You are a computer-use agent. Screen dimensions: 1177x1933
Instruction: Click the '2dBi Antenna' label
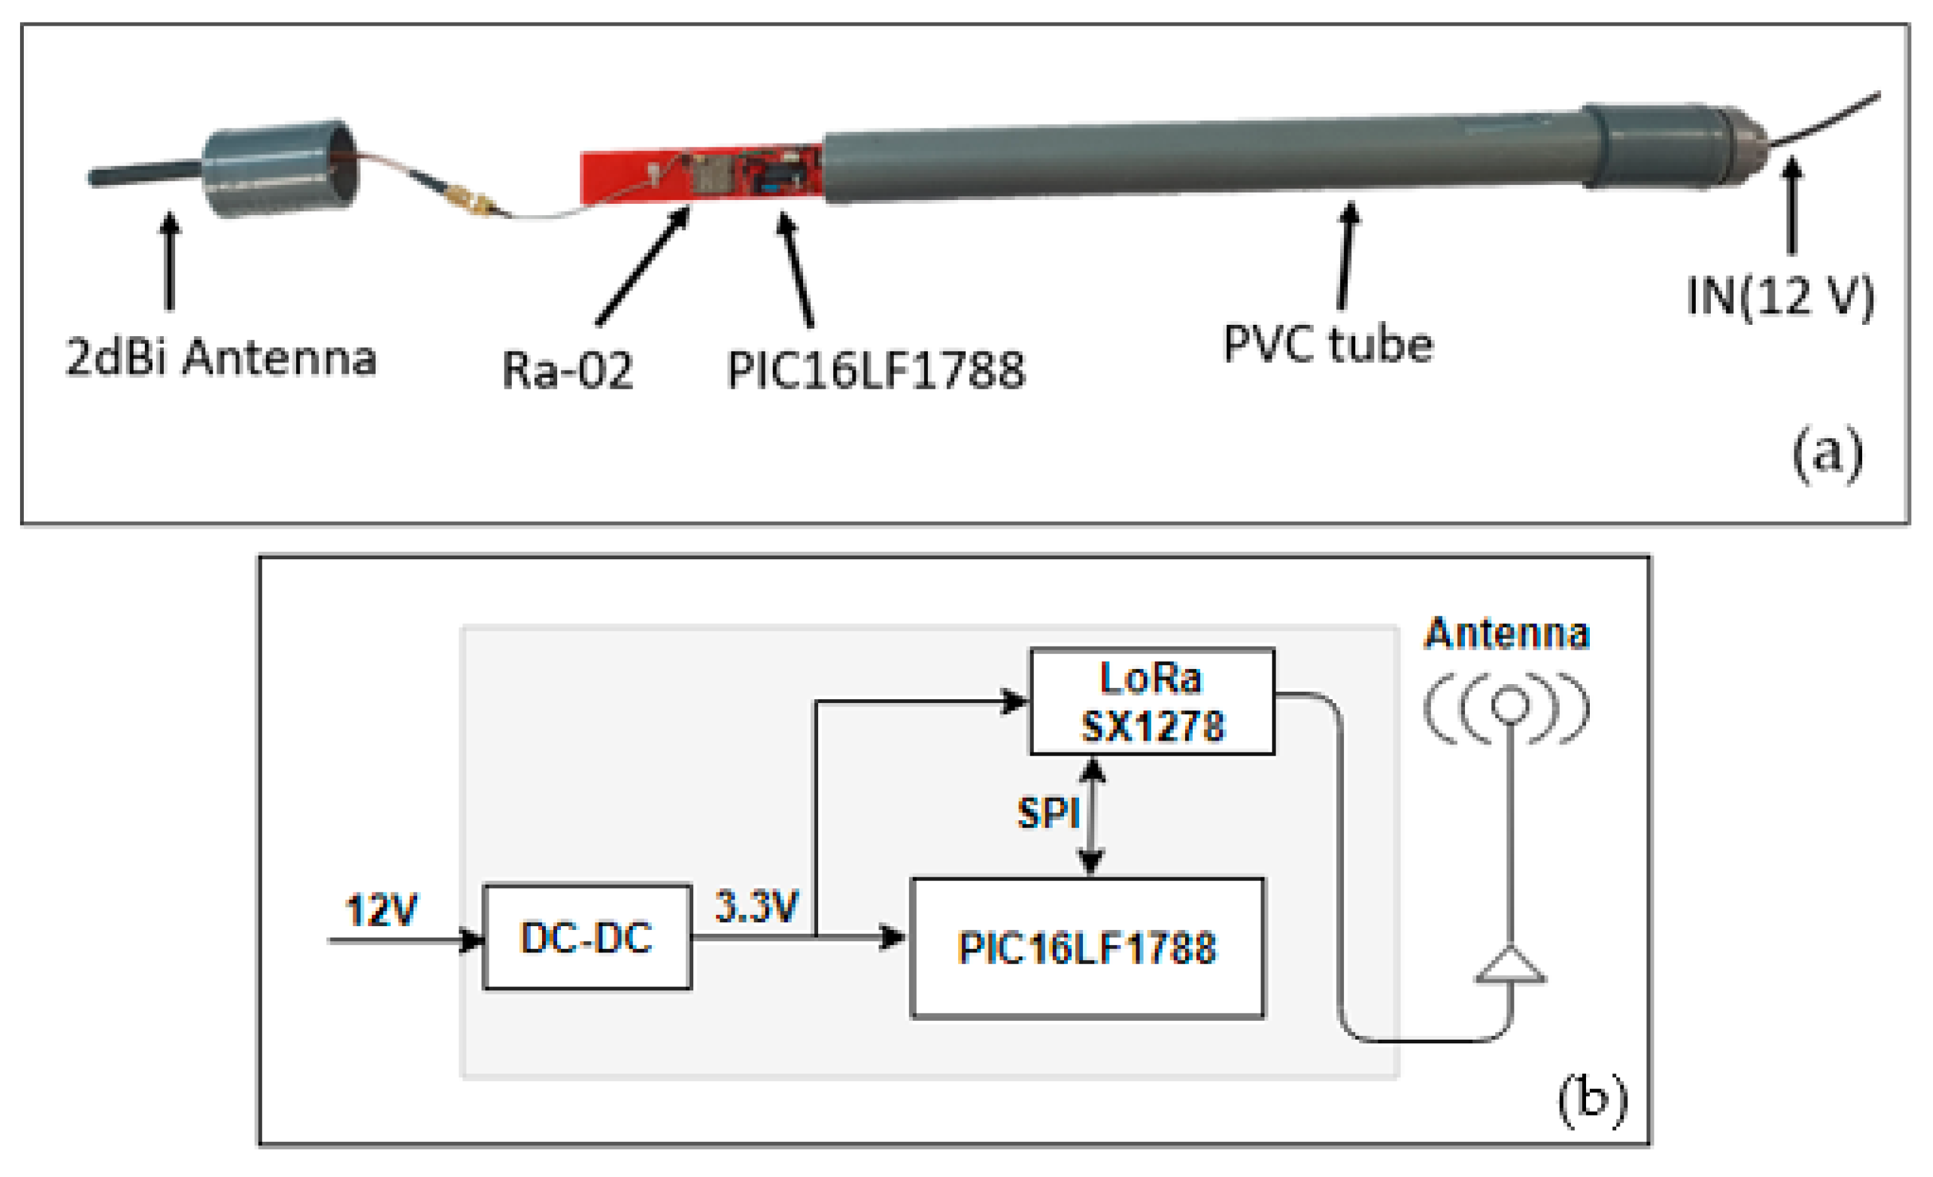(x=221, y=358)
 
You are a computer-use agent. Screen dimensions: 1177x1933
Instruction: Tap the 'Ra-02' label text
(x=567, y=370)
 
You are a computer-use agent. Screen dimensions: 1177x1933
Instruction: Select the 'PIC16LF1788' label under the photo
(x=875, y=370)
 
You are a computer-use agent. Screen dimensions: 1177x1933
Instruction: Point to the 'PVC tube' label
(x=1328, y=344)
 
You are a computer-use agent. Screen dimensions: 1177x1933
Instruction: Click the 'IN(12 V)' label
(x=1780, y=297)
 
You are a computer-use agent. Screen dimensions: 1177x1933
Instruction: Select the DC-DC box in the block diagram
(x=587, y=937)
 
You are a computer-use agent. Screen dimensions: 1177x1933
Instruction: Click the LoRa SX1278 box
(x=1151, y=701)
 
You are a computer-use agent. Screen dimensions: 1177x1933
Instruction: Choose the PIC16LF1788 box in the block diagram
(x=1087, y=947)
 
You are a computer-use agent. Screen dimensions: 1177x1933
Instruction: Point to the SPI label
(x=1047, y=813)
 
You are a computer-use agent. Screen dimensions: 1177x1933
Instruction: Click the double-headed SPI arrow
(x=1091, y=816)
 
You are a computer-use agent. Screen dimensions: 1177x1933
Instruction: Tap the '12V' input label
(x=380, y=910)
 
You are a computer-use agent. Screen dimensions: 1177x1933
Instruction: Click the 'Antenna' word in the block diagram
(x=1506, y=633)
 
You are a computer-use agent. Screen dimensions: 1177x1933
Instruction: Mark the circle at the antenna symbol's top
(x=1510, y=704)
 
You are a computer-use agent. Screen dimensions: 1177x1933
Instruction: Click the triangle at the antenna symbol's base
(x=1510, y=966)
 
